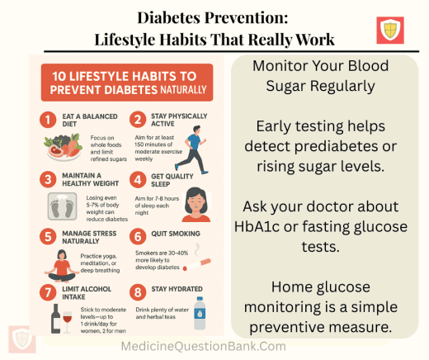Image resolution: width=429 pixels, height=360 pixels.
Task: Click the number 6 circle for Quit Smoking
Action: pos(138,236)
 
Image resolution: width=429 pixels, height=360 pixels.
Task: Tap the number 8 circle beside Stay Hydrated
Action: pos(138,290)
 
